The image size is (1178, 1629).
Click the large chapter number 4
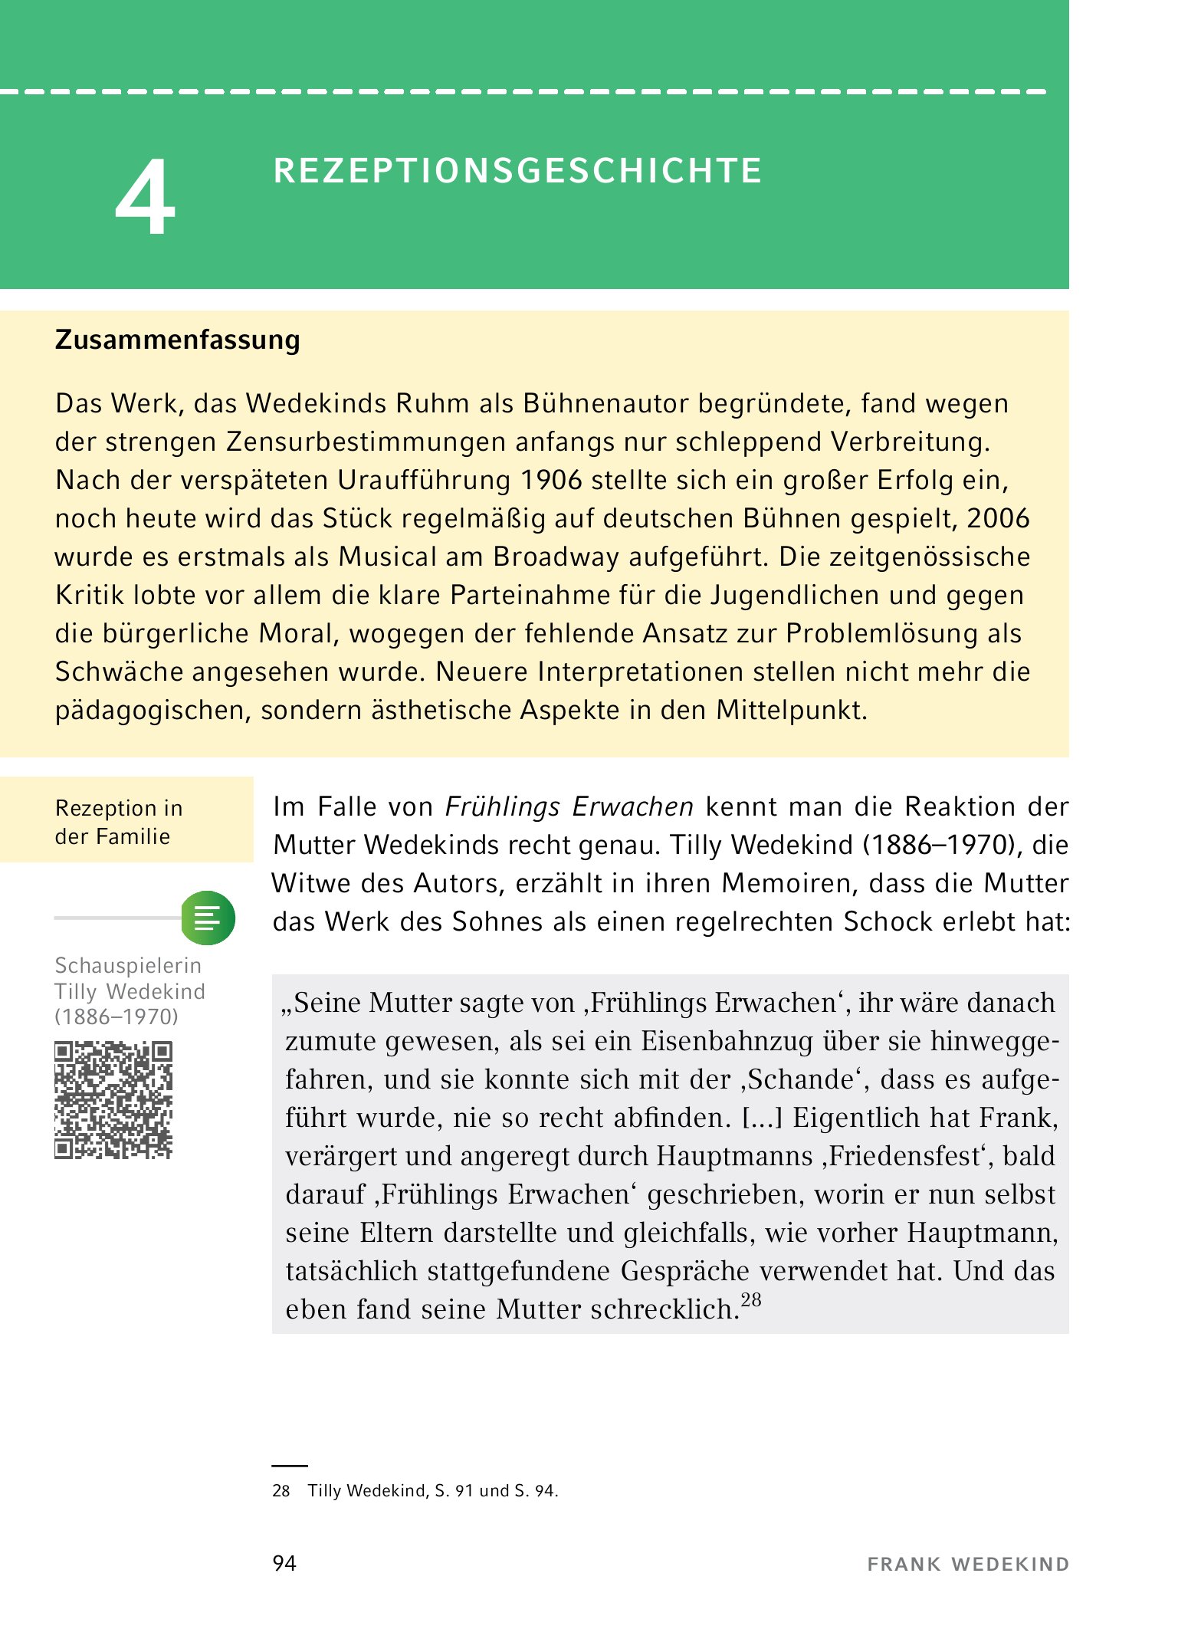click(146, 198)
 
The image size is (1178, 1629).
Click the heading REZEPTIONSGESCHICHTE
click(517, 171)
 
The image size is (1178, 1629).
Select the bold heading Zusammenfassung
click(177, 340)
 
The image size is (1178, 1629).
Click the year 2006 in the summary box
click(998, 519)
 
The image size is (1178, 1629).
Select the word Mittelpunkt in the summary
click(791, 711)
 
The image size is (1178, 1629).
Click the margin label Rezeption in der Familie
click(119, 822)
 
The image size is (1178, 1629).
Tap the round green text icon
click(208, 918)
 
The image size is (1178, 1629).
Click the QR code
click(113, 1099)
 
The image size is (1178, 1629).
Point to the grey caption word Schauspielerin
click(128, 965)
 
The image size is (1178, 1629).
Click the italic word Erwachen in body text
click(632, 807)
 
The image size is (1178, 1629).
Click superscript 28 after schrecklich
click(751, 1300)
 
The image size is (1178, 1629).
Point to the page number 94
click(284, 1564)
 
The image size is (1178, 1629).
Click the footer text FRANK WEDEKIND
click(967, 1565)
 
